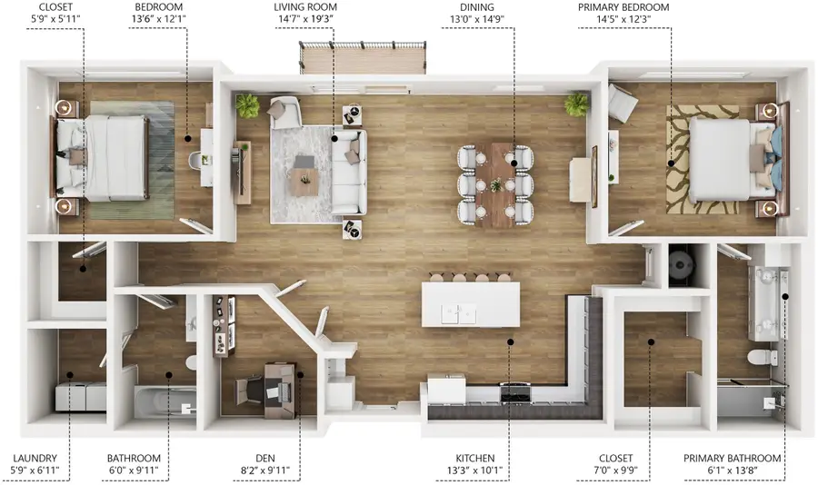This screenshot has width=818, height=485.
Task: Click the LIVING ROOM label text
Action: coord(305,7)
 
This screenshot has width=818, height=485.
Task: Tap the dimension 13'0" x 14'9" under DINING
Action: coord(477,20)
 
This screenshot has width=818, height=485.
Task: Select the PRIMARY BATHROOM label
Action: coord(732,458)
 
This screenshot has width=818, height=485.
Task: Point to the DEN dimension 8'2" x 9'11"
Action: coord(265,470)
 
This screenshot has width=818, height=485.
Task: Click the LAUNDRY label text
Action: coord(35,458)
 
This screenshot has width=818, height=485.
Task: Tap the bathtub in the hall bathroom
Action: coord(165,401)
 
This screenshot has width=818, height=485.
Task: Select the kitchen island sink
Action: coord(459,314)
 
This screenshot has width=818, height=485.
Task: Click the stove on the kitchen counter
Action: coord(515,392)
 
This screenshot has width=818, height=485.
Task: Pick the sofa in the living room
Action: coord(348,172)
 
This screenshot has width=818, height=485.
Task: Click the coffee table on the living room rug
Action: coord(304,182)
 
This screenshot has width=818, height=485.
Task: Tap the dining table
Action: coord(495,185)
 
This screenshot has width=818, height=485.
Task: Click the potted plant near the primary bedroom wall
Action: coord(576,104)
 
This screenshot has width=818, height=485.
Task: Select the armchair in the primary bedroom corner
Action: coord(622,103)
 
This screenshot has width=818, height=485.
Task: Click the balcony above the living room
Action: coord(363,57)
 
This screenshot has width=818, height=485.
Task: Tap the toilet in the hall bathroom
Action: coord(191,361)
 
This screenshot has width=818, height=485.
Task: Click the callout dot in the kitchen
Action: coord(511,342)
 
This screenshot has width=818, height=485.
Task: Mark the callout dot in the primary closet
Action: coord(651,341)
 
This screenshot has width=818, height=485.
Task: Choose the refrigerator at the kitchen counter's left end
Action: coord(446,390)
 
